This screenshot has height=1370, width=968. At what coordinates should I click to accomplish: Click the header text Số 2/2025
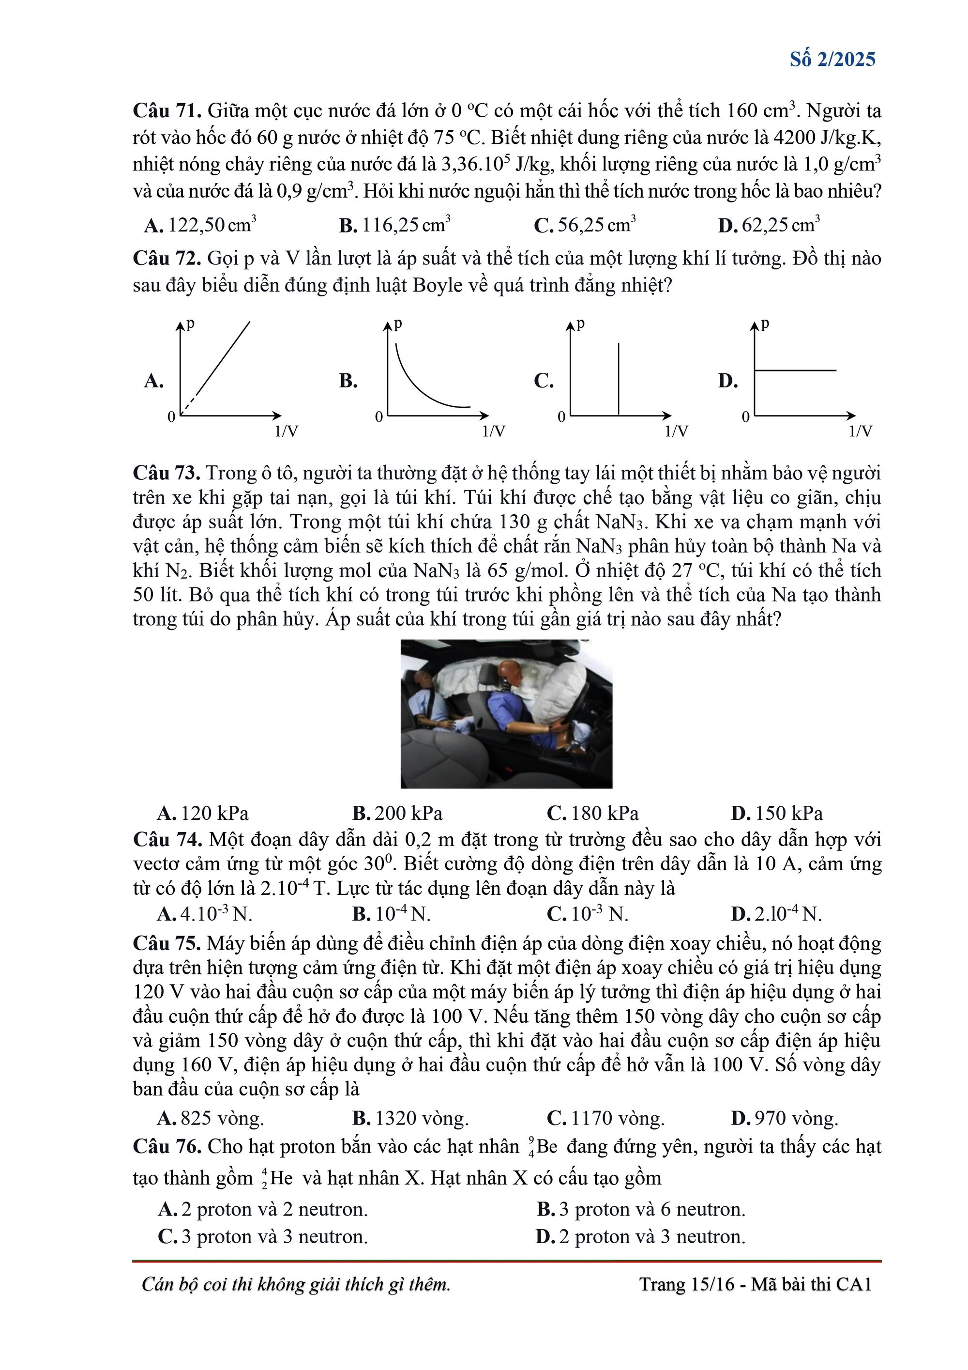click(x=832, y=59)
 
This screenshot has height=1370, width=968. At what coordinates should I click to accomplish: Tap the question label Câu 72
click(x=167, y=259)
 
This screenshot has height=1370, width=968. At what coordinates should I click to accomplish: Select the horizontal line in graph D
click(x=796, y=370)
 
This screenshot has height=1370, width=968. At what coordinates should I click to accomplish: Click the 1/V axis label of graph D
click(x=860, y=431)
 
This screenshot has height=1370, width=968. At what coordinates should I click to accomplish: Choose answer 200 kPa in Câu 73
click(x=398, y=813)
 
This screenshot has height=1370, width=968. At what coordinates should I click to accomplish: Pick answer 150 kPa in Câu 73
click(x=777, y=813)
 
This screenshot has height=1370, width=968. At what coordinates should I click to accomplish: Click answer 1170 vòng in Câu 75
click(x=606, y=1118)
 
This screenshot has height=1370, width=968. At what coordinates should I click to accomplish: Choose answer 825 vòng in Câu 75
click(x=211, y=1118)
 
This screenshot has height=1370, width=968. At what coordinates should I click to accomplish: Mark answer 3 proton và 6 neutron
click(x=641, y=1210)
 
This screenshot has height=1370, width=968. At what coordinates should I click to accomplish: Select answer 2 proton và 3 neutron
click(x=641, y=1237)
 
